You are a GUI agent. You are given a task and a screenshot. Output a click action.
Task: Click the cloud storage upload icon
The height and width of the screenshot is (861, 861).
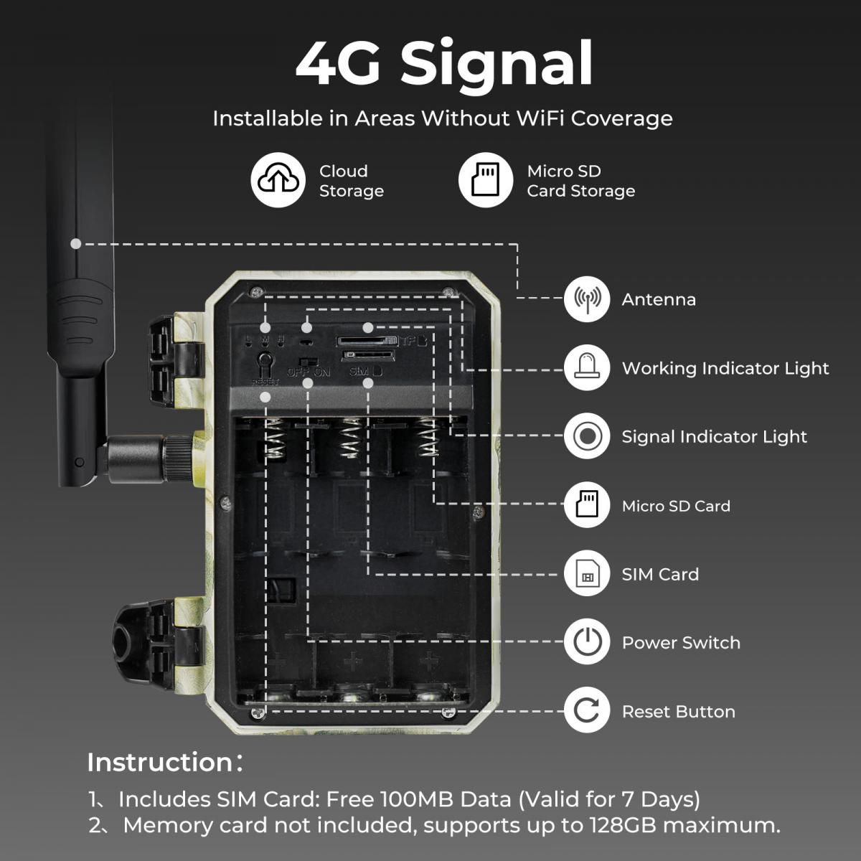(278, 179)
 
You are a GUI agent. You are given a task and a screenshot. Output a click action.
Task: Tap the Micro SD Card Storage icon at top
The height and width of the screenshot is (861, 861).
(486, 179)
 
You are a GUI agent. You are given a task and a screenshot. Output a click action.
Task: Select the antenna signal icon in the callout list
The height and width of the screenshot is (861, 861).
(587, 299)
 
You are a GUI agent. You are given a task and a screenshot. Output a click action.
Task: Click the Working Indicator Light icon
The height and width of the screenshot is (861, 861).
(587, 368)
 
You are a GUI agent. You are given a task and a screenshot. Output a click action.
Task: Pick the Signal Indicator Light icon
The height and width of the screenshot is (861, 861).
(587, 436)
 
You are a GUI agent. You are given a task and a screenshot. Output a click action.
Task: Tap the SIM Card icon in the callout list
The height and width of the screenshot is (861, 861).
(587, 574)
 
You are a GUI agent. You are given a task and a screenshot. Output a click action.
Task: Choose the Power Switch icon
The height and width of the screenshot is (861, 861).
(587, 642)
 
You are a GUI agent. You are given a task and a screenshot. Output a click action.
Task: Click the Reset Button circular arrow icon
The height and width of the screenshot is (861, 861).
(587, 710)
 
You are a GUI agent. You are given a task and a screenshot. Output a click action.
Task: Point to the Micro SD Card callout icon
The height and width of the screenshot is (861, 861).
(587, 505)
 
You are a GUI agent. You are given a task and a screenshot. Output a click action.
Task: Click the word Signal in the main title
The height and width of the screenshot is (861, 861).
(497, 65)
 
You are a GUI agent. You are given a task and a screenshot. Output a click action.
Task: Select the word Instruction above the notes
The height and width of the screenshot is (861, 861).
(159, 762)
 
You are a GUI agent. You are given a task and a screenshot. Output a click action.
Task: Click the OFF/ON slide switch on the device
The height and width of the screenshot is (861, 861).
(308, 361)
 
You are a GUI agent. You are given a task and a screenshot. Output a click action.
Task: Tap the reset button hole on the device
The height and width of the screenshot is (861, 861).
(265, 359)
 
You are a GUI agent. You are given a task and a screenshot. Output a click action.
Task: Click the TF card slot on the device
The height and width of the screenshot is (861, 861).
(367, 342)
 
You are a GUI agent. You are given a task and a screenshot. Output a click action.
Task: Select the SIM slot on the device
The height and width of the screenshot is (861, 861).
(368, 356)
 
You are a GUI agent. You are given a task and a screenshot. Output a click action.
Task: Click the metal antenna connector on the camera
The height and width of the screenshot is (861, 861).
(151, 459)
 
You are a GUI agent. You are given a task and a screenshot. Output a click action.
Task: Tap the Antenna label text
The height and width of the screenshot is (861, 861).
(659, 299)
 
